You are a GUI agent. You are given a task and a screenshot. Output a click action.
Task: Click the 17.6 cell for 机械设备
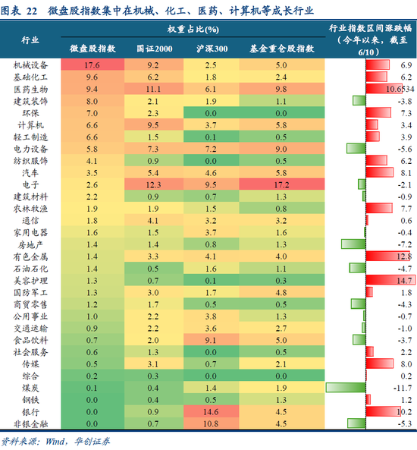tap(92, 67)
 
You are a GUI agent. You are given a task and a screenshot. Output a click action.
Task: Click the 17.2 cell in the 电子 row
tap(281, 184)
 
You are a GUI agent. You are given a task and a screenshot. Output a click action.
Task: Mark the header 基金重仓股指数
tap(281, 48)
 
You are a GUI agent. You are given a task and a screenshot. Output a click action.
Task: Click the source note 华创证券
tap(90, 441)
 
